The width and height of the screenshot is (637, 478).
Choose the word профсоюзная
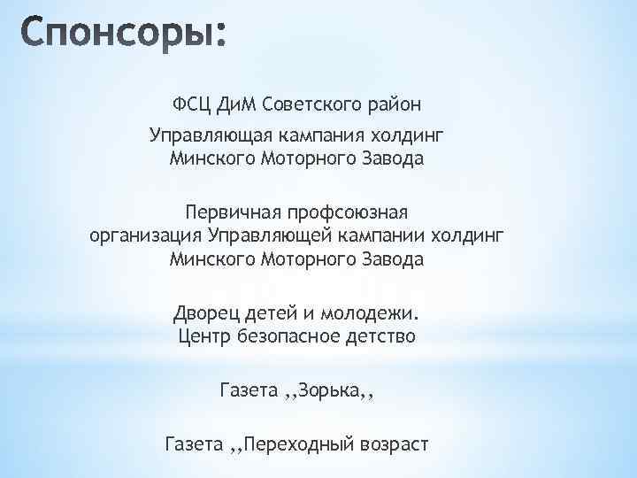point(337,214)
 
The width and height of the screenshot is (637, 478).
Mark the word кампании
point(381,236)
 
